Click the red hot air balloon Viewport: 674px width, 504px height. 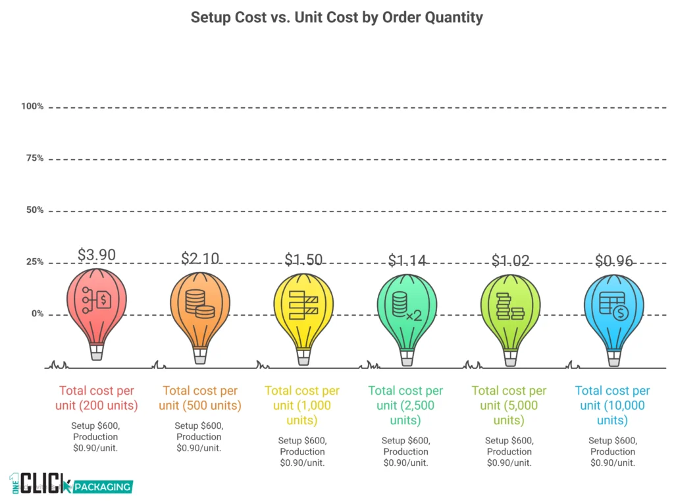[97, 303]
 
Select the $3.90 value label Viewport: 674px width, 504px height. [97, 254]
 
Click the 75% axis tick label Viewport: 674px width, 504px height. [34, 158]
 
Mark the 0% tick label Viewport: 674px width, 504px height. [36, 314]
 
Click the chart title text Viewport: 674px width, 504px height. [336, 17]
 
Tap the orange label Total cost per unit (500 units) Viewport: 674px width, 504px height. [200, 398]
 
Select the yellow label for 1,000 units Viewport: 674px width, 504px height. [303, 405]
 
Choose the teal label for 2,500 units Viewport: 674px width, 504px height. [406, 405]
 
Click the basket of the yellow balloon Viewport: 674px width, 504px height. [303, 358]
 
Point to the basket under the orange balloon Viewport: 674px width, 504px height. [200, 358]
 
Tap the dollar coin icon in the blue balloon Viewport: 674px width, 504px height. [619, 314]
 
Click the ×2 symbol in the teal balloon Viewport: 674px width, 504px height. [413, 316]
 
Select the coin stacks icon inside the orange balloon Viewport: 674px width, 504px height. [199, 303]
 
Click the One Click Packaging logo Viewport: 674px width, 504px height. [71, 484]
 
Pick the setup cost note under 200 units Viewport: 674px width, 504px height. [95, 436]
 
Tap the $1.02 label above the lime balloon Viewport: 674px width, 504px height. [510, 261]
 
